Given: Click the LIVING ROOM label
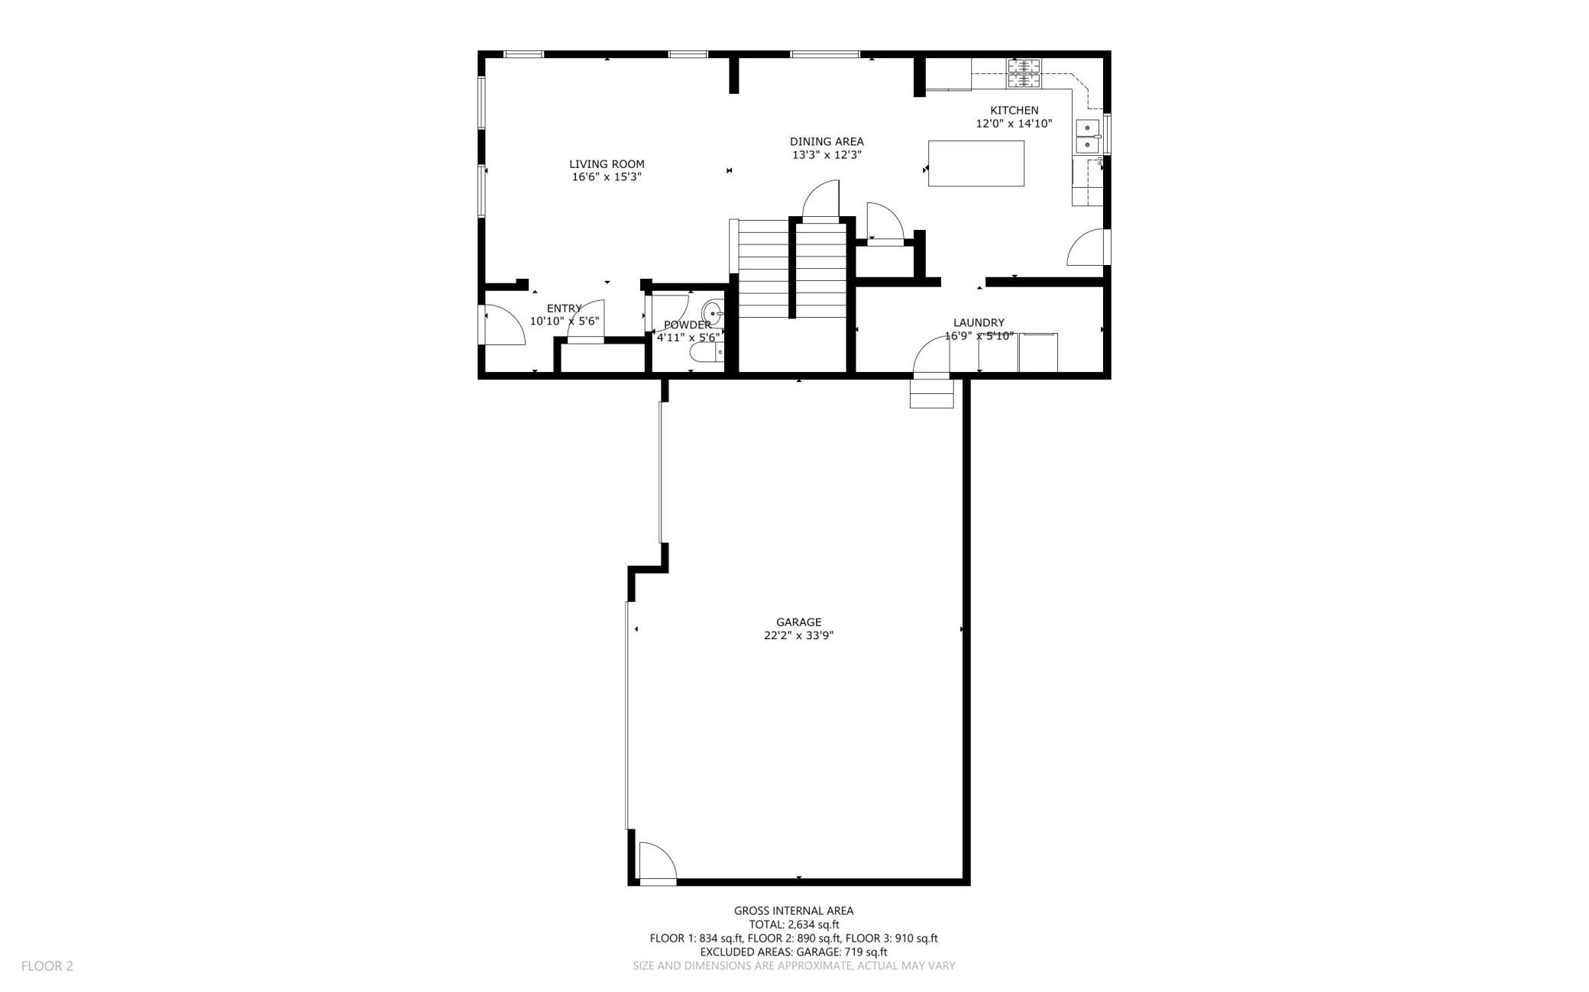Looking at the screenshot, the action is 607,164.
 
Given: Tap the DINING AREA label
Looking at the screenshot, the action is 827,141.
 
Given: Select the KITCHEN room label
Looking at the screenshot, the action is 1015,111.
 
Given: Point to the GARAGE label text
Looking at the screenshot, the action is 799,622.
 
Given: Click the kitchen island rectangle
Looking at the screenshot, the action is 976,163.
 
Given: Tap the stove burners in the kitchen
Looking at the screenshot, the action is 1024,73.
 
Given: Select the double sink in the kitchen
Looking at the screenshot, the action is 1087,137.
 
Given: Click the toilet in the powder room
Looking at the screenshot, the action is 707,352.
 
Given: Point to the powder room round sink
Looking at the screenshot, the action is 711,312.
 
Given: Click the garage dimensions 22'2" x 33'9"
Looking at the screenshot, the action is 799,635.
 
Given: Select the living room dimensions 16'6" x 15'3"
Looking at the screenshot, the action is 607,177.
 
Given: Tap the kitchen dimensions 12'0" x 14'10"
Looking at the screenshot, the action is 1015,124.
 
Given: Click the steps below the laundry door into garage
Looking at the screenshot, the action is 932,394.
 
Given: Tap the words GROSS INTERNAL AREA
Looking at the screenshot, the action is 794,911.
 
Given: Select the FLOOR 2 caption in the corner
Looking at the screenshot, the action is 47,966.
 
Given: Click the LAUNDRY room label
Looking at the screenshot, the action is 979,323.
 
